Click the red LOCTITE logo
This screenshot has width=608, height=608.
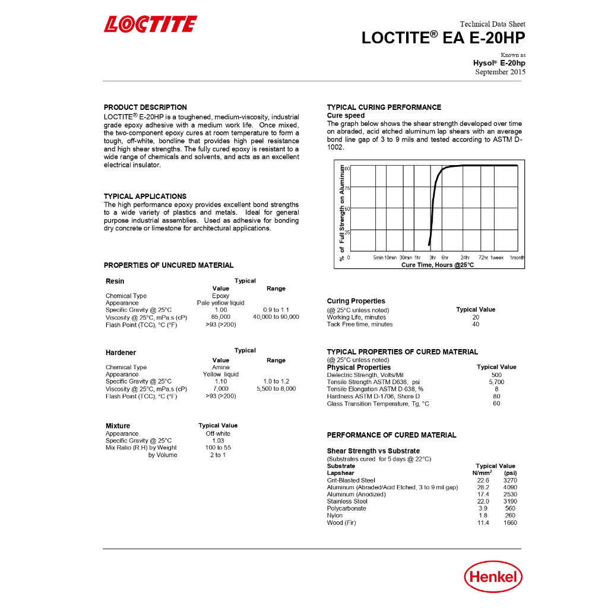(150, 24)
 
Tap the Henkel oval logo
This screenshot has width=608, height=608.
(493, 576)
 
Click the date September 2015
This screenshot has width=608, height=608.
(500, 72)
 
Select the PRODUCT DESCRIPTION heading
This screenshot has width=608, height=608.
(145, 107)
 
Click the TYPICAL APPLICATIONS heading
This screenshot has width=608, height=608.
(145, 197)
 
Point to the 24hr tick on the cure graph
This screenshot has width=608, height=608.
(465, 258)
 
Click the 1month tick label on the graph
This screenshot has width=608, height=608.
(517, 258)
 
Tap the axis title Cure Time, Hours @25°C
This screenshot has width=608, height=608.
(438, 265)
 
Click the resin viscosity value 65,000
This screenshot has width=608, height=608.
(221, 317)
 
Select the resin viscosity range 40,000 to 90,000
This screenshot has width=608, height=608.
(276, 317)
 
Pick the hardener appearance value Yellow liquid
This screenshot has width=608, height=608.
(221, 375)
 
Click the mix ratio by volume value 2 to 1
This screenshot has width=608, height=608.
(217, 455)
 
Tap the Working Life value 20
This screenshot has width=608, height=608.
(476, 317)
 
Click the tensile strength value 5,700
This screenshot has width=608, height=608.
(496, 382)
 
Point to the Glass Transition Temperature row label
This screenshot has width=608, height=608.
(378, 404)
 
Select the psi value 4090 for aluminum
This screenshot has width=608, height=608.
(510, 487)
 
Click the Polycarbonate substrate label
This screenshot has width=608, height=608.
(347, 509)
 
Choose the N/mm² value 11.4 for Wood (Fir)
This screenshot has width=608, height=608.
(483, 523)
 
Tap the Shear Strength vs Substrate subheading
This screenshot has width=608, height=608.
(373, 451)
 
